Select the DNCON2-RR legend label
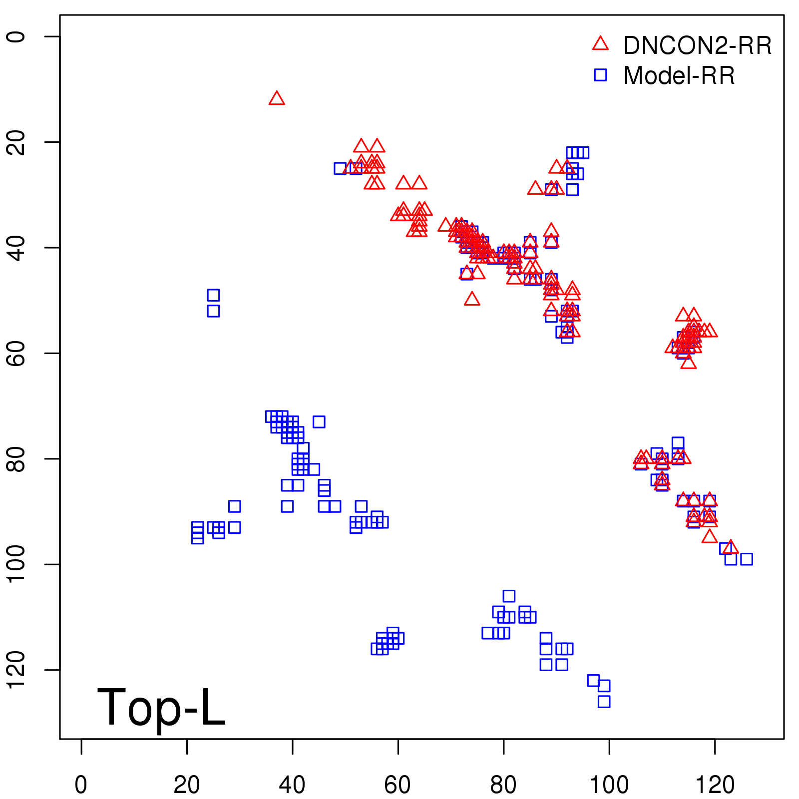[697, 46]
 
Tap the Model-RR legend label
[679, 76]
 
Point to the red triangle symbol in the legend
[600, 44]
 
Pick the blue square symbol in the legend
[600, 75]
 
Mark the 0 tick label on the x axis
[81, 785]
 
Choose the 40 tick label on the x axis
[292, 785]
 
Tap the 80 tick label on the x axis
[503, 785]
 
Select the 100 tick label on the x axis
[609, 785]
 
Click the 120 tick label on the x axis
[715, 785]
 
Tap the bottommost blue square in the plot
[604, 701]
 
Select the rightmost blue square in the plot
[746, 559]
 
